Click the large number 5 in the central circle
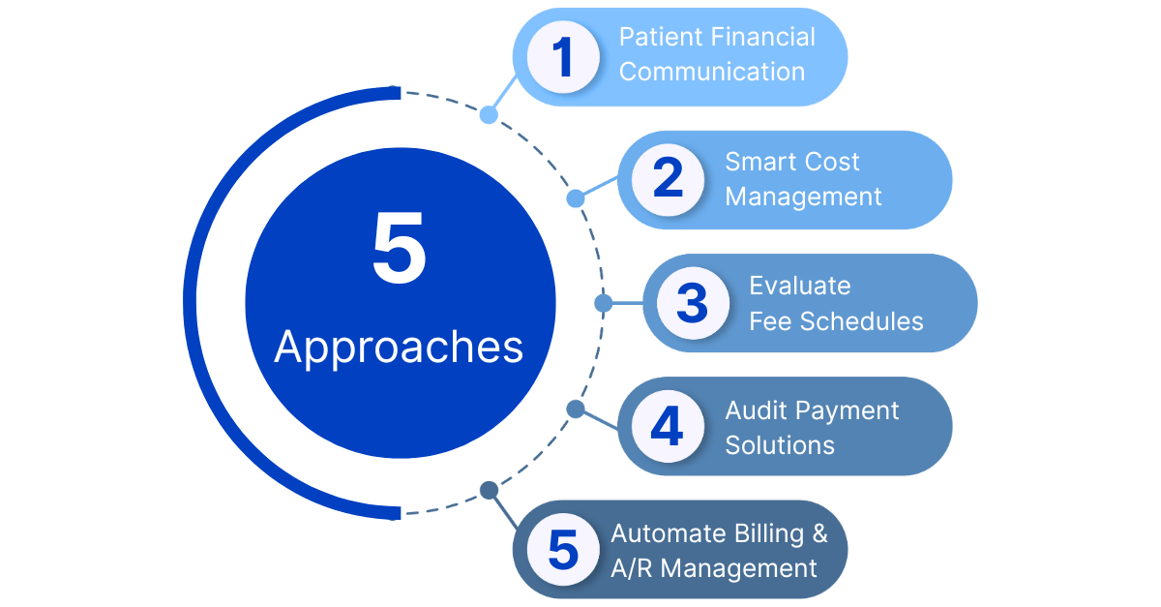[x=399, y=250]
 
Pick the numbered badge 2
[x=668, y=180]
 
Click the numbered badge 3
[x=693, y=303]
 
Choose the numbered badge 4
[x=668, y=427]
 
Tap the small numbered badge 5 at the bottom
[x=562, y=549]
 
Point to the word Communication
[x=712, y=73]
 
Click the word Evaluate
[x=800, y=286]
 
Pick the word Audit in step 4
[x=754, y=410]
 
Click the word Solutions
[x=780, y=445]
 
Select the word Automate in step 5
[x=667, y=533]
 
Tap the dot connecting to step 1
[x=489, y=115]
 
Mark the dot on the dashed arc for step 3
[x=603, y=303]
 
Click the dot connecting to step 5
[x=489, y=491]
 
